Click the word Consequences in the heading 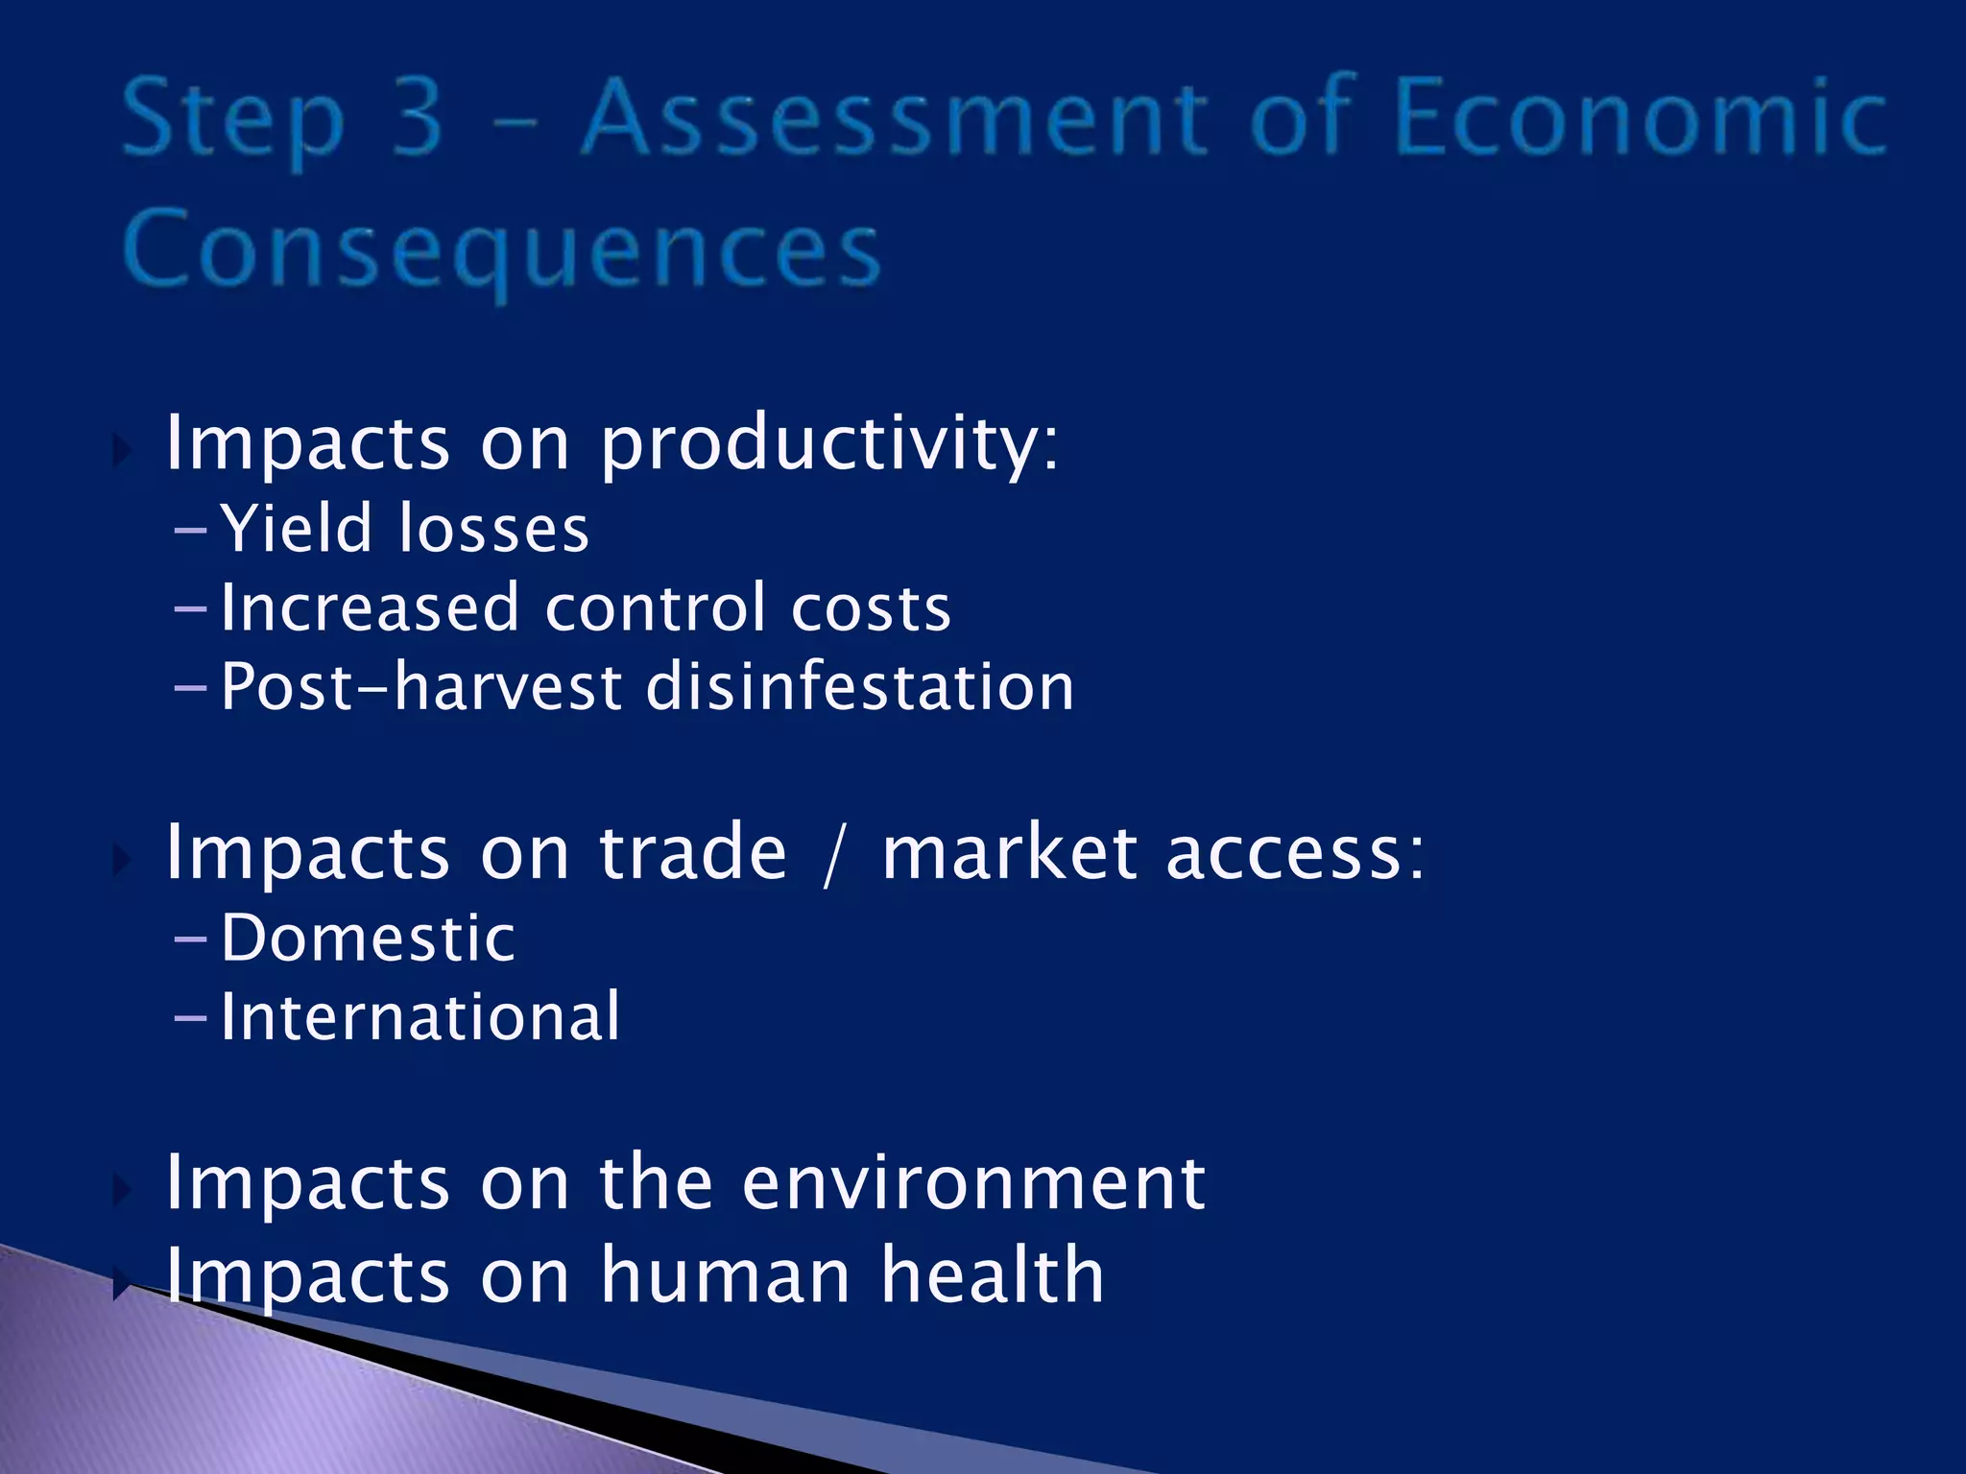coord(501,250)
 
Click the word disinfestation coord(859,687)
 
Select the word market coord(1009,853)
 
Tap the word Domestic coord(368,938)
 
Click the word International coord(420,1016)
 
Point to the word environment coord(973,1182)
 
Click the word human coord(726,1275)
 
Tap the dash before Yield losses coord(191,530)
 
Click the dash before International coord(191,1018)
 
